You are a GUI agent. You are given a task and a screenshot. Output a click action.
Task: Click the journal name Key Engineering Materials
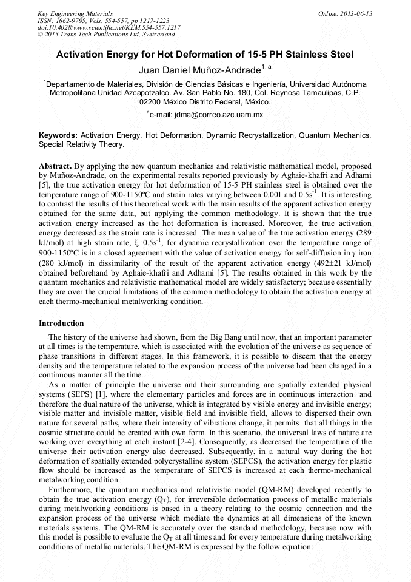pyautogui.click(x=75, y=13)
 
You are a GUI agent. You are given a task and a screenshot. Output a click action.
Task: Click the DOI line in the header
pyautogui.click(x=109, y=28)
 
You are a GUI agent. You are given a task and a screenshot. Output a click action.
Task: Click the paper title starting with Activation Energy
pyautogui.click(x=205, y=54)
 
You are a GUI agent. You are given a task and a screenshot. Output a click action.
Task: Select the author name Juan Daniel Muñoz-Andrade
pyautogui.click(x=199, y=70)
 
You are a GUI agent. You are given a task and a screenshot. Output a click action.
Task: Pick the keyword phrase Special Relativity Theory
pyautogui.click(x=81, y=144)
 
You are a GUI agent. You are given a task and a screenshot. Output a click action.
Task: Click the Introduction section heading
pyautogui.click(x=61, y=323)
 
